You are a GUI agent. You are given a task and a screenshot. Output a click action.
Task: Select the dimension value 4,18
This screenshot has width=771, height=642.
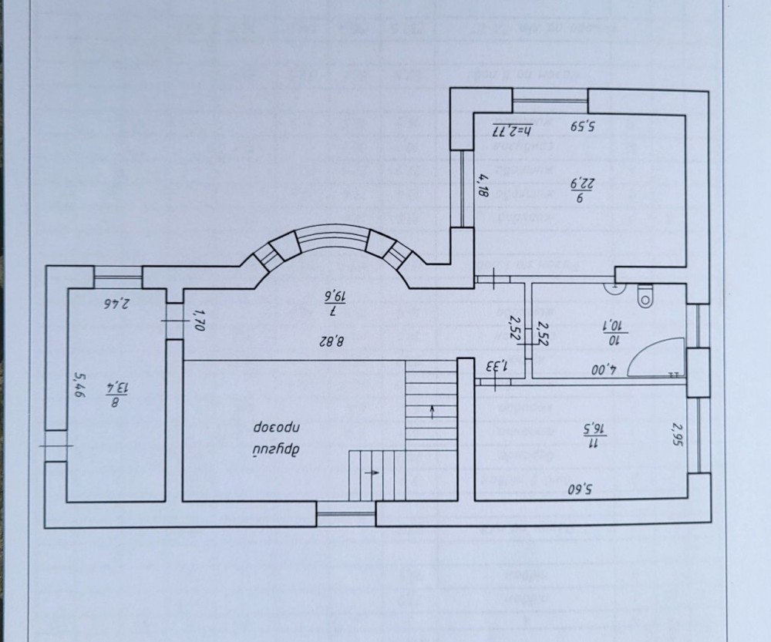[483, 186]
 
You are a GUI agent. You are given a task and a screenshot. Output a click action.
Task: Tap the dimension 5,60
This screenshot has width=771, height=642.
[582, 488]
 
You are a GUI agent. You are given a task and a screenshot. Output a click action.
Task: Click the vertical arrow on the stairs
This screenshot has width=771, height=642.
[433, 412]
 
